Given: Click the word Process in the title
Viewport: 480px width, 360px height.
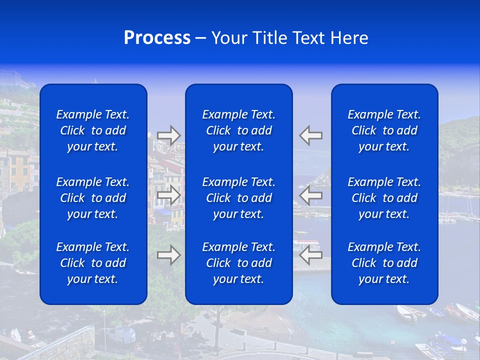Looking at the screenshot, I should [157, 38].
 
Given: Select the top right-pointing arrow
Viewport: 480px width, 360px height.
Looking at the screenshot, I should [169, 135].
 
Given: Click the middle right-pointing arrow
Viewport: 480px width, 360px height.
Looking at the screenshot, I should [169, 195].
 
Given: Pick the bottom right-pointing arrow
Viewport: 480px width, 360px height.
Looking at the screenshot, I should [169, 255].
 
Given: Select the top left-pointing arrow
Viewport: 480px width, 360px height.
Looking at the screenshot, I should [311, 135].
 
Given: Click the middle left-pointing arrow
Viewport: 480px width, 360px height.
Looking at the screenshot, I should [311, 195].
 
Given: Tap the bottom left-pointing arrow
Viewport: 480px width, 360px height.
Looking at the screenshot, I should [311, 255].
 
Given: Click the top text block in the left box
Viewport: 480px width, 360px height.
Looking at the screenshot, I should [93, 130].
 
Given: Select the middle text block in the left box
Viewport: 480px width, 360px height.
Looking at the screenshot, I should [93, 198].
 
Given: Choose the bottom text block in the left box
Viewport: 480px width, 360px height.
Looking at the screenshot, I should [93, 263].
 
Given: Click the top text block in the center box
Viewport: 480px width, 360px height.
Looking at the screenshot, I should [238, 130].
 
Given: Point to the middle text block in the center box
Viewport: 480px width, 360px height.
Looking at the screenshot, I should [238, 198].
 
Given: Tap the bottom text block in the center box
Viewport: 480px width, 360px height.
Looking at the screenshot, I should [238, 263].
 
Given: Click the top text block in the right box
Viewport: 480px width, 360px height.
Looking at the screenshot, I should [384, 130].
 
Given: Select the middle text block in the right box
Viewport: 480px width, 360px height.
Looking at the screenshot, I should [384, 198].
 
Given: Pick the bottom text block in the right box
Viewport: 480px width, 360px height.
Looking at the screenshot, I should [384, 263].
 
